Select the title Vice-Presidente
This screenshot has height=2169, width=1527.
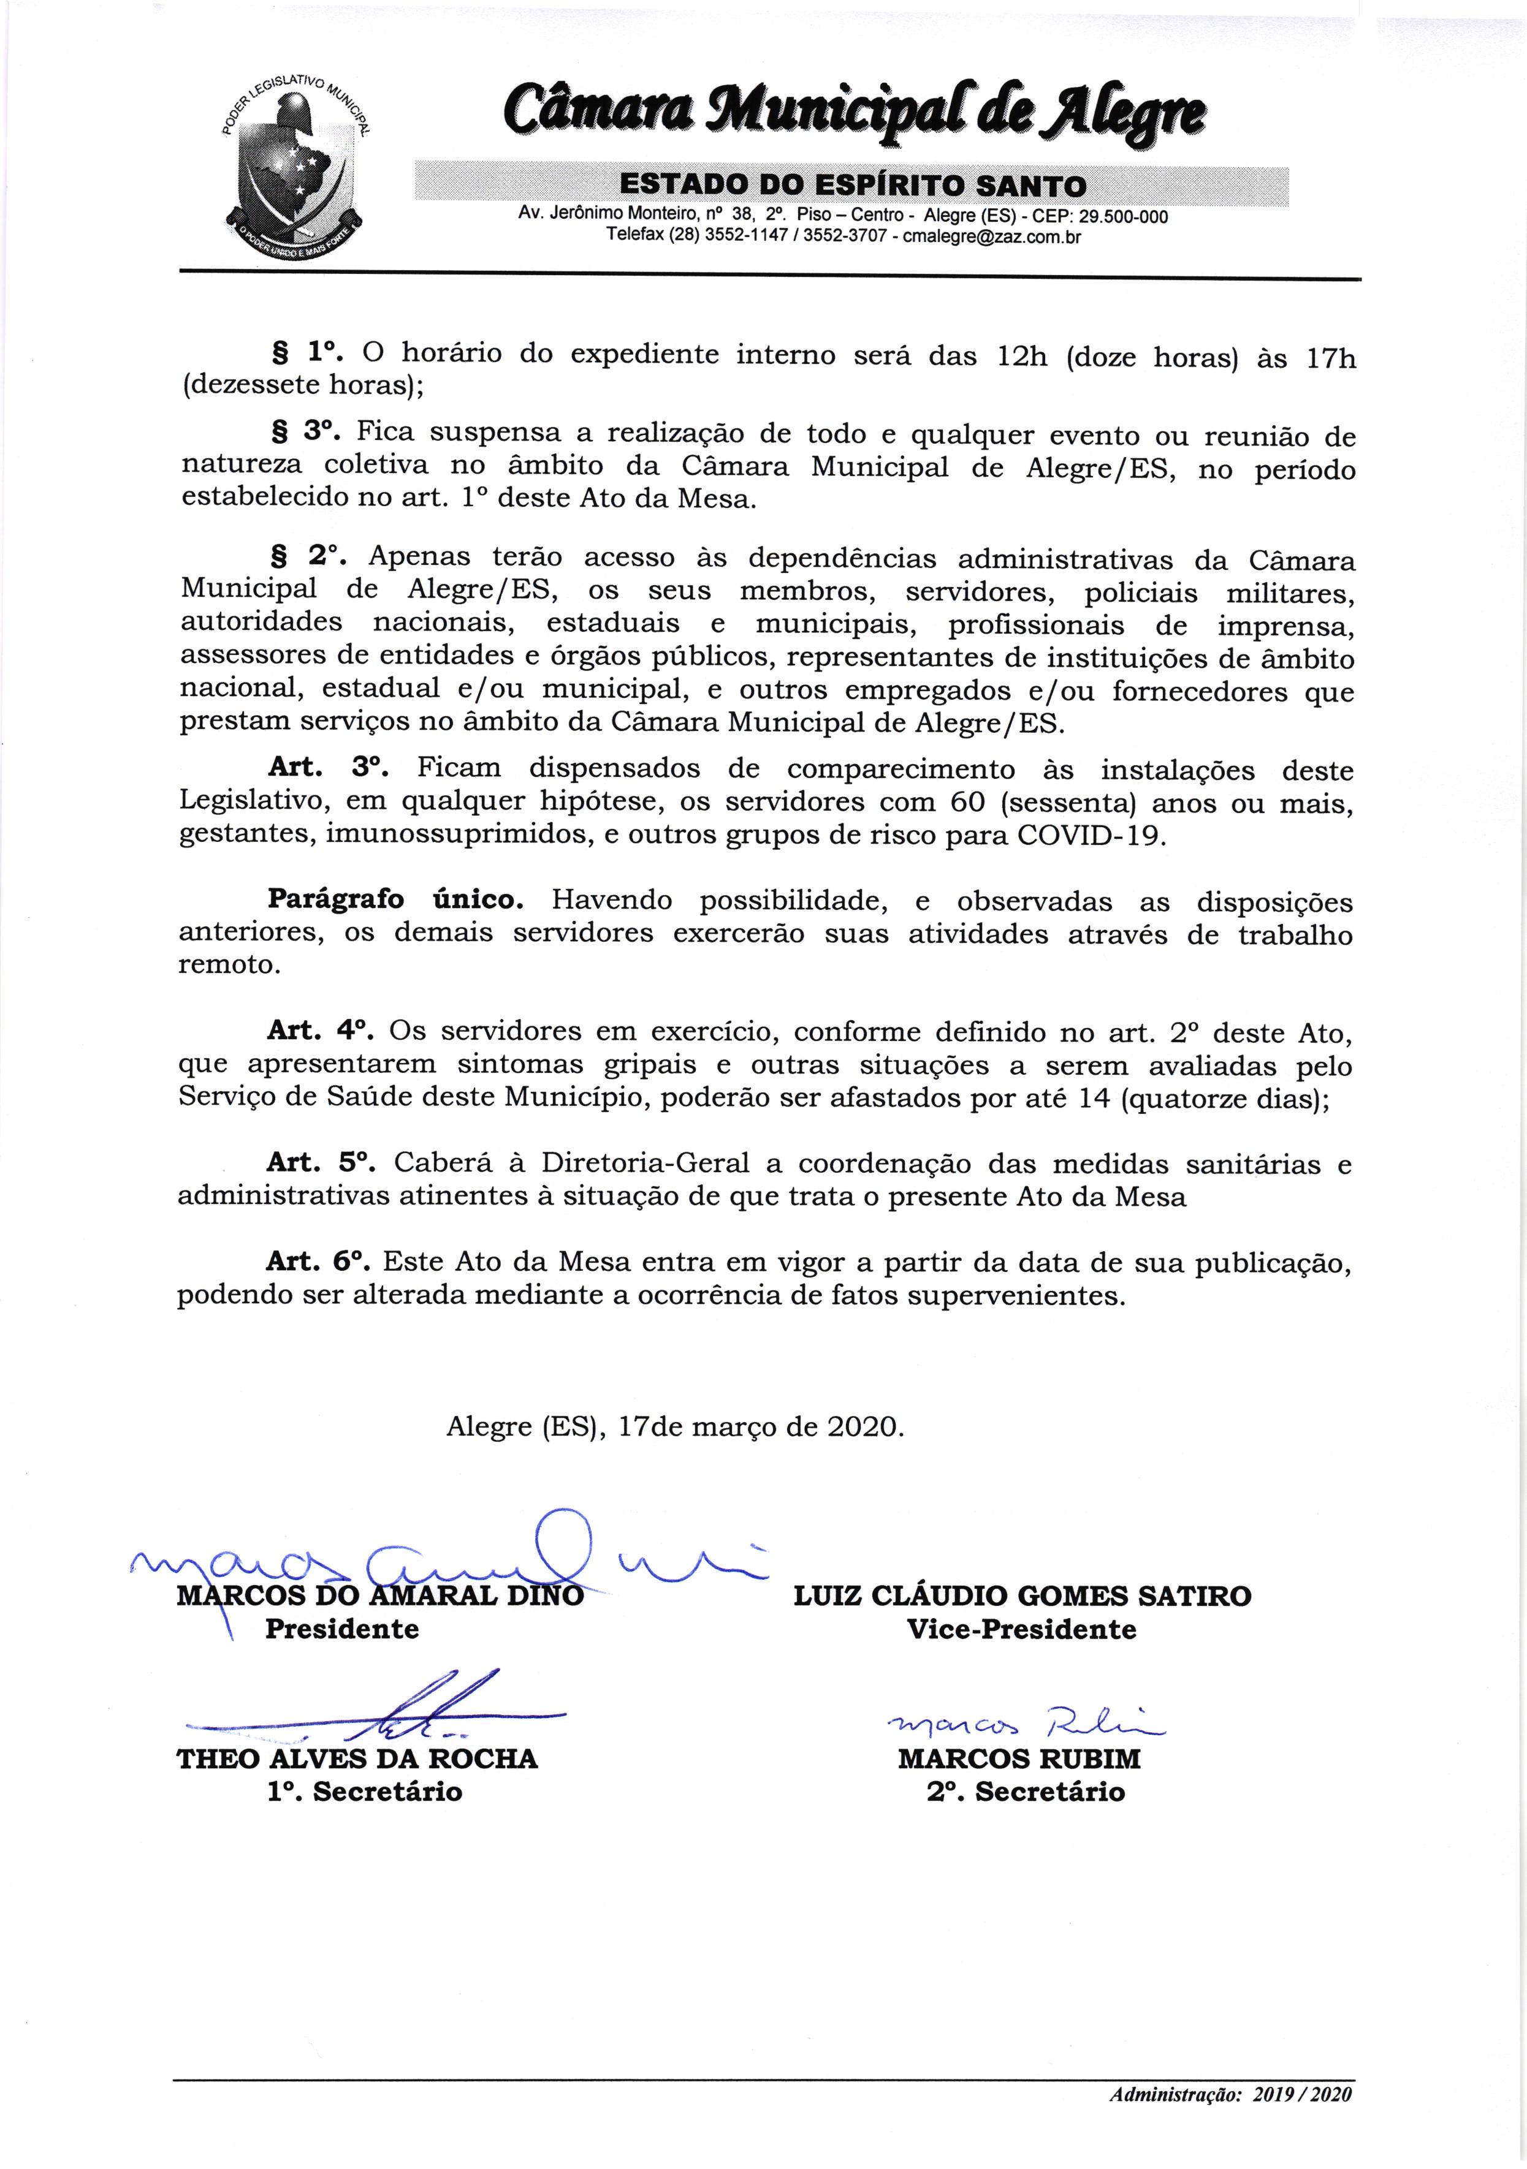coord(1021,1629)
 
